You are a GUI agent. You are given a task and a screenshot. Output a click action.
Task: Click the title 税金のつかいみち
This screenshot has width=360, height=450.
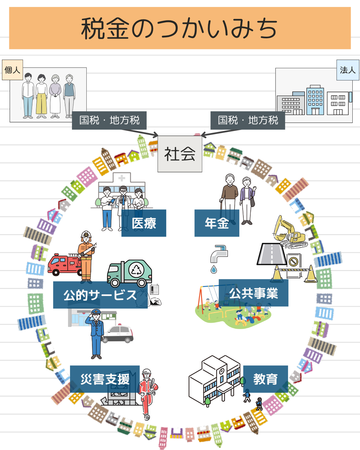pyautogui.click(x=180, y=28)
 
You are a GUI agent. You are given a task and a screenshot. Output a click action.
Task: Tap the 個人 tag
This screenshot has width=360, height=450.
pyautogui.click(x=12, y=70)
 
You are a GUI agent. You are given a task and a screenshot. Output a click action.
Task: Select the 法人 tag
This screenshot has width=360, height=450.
pyautogui.click(x=348, y=70)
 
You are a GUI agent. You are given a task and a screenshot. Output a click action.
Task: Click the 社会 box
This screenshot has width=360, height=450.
pyautogui.click(x=180, y=154)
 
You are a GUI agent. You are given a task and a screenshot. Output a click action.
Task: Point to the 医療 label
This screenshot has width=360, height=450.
pyautogui.click(x=144, y=223)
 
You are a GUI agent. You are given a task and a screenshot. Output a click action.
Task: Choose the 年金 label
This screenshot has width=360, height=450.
pyautogui.click(x=217, y=223)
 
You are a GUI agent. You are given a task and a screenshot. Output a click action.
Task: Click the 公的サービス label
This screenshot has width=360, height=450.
pyautogui.click(x=100, y=295)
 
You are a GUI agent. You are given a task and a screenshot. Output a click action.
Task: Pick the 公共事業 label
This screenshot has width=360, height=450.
pyautogui.click(x=253, y=293)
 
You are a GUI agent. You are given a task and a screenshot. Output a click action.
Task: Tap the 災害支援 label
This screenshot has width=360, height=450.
pyautogui.click(x=105, y=379)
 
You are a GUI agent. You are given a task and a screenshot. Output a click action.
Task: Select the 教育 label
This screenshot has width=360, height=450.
pyautogui.click(x=265, y=379)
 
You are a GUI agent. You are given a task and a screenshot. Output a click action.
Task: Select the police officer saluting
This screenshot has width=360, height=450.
pyautogui.click(x=96, y=333)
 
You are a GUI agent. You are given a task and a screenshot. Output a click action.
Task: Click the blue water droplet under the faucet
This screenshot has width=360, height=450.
pyautogui.click(x=214, y=269)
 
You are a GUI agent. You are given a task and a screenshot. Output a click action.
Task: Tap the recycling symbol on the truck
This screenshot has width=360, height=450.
pyautogui.click(x=136, y=270)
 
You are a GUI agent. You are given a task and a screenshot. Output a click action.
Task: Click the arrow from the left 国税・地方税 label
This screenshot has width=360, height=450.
pyautogui.click(x=140, y=132)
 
